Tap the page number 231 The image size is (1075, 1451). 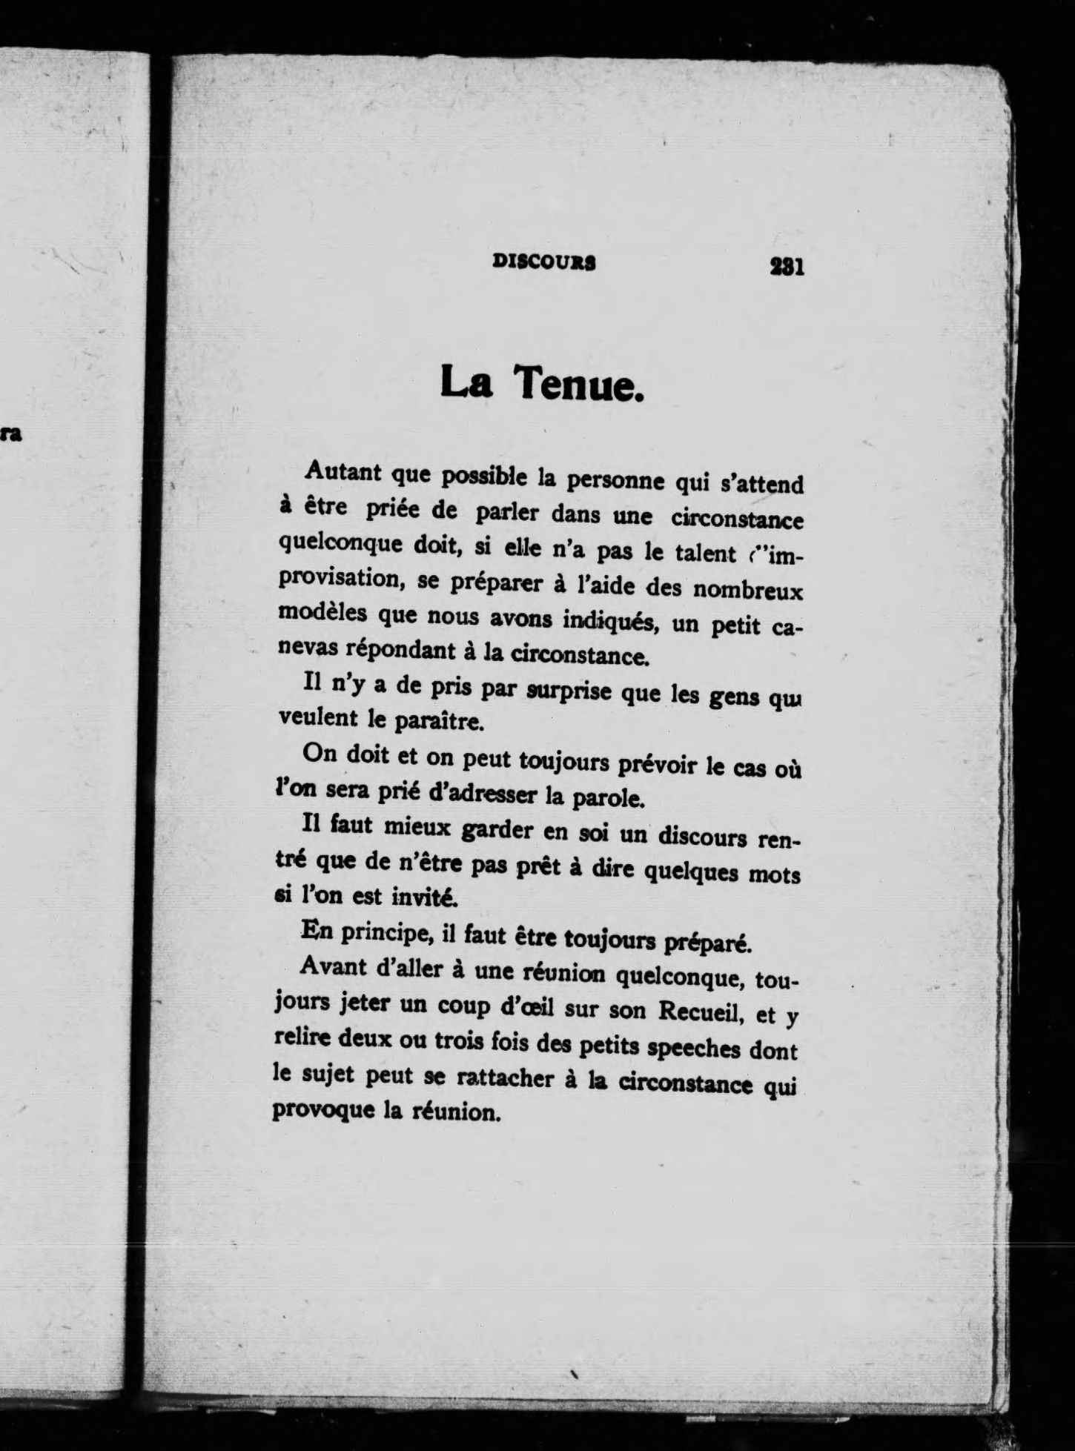[787, 265]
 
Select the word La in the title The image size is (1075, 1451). [467, 382]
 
